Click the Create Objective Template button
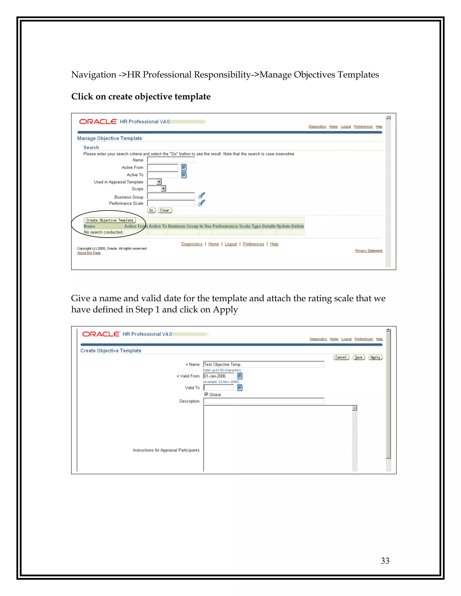(110, 220)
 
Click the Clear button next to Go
(165, 211)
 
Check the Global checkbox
(206, 394)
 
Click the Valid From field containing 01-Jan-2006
(219, 376)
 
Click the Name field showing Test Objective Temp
(264, 364)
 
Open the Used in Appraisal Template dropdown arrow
(159, 182)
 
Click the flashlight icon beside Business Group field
(201, 195)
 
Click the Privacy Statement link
(368, 251)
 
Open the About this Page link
(89, 253)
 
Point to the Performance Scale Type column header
(237, 226)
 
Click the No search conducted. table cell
(104, 232)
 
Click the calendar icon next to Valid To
(240, 388)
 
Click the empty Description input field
(264, 401)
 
